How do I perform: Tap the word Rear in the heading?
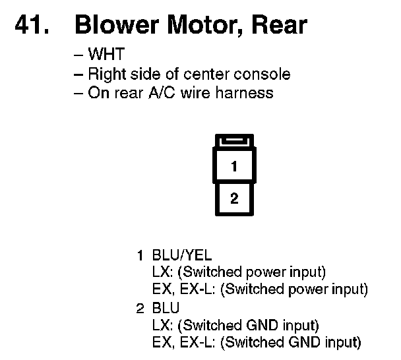(280, 25)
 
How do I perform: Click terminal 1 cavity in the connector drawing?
(234, 167)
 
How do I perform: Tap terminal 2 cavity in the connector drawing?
(234, 198)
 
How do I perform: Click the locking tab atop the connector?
(234, 140)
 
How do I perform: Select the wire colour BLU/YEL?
(182, 255)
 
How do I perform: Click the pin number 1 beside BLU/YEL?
(140, 255)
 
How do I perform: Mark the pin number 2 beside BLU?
(140, 307)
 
